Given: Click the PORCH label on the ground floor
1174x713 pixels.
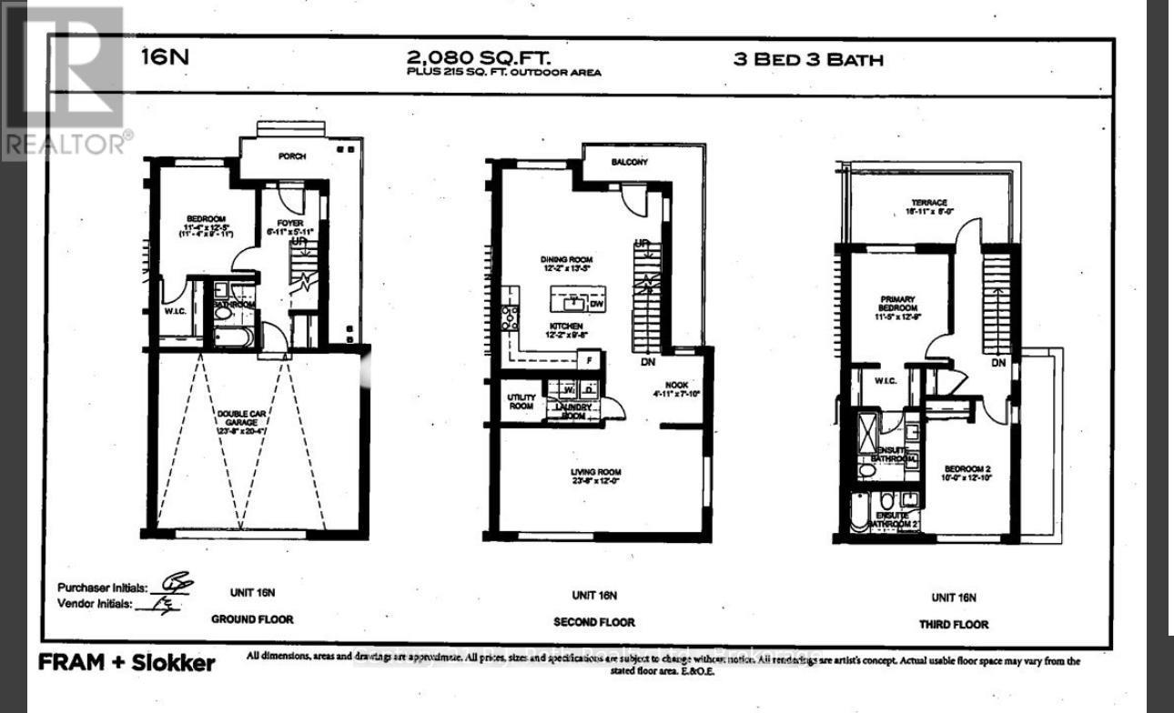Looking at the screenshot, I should coord(292,156).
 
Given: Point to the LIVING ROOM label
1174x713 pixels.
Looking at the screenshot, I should coord(595,472).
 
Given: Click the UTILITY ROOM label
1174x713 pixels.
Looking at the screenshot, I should coord(521,402).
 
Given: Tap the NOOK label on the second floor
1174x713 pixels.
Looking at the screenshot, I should coord(675,385).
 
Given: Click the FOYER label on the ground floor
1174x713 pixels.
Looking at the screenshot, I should coord(290,221).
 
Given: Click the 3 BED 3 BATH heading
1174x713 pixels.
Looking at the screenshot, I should coord(808,61).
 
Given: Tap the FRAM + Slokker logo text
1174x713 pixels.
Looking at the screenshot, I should coord(127,662).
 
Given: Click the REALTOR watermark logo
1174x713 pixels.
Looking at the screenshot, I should coord(64,82).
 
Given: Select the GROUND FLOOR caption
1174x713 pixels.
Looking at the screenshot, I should coord(252,619).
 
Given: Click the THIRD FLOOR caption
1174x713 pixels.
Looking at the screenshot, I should coord(954,624).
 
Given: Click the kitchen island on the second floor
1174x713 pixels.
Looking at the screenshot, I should coord(577,300).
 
